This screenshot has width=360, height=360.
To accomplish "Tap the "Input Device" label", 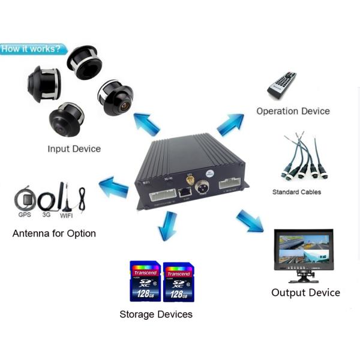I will tap(74, 149).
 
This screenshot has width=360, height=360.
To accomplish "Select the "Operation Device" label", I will tap(293, 111).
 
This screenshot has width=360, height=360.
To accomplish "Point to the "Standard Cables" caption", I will tap(296, 192).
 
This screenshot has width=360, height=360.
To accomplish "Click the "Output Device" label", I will tap(305, 293).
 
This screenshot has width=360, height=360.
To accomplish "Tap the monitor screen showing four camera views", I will tap(303, 250).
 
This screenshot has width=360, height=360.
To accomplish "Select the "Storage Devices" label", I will tap(156, 314).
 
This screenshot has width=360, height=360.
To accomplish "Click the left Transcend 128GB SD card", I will tap(145, 281).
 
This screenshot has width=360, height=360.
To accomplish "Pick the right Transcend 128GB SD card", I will tap(179, 281).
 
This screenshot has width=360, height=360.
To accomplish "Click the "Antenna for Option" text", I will tap(54, 233).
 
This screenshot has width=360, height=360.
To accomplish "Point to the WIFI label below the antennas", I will tap(67, 215).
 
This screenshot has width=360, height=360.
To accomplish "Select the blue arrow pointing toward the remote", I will tap(229, 125).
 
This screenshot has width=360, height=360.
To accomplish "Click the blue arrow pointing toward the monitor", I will tap(250, 220).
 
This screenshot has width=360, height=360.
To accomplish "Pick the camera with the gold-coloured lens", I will tap(116, 98).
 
